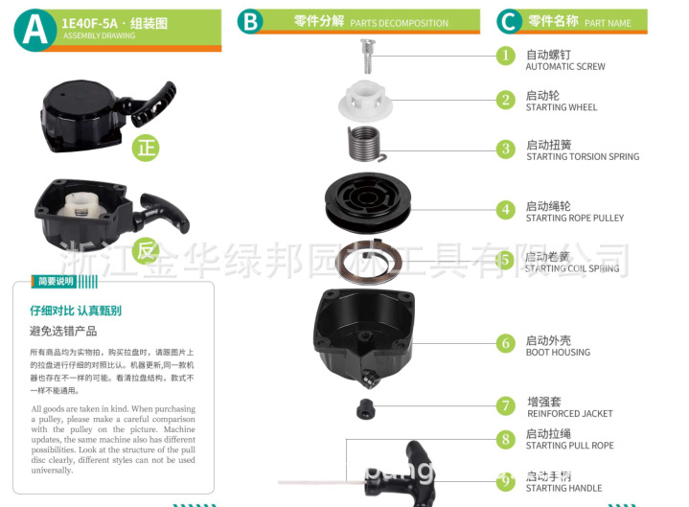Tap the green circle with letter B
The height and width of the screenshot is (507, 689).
click(251, 21)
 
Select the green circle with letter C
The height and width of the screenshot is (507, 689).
click(510, 21)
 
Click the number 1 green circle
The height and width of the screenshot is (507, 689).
click(506, 56)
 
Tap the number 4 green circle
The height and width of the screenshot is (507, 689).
click(506, 210)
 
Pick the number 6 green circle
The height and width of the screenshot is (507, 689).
click(506, 343)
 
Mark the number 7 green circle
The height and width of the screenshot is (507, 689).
click(506, 405)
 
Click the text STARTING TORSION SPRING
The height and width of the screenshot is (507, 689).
click(582, 157)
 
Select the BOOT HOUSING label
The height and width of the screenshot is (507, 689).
click(558, 353)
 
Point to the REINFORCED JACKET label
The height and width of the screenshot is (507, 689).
click(569, 414)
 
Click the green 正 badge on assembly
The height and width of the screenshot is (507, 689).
click(146, 149)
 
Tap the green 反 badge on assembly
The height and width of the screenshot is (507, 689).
click(146, 252)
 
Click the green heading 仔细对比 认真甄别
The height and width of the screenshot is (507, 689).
click(76, 311)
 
